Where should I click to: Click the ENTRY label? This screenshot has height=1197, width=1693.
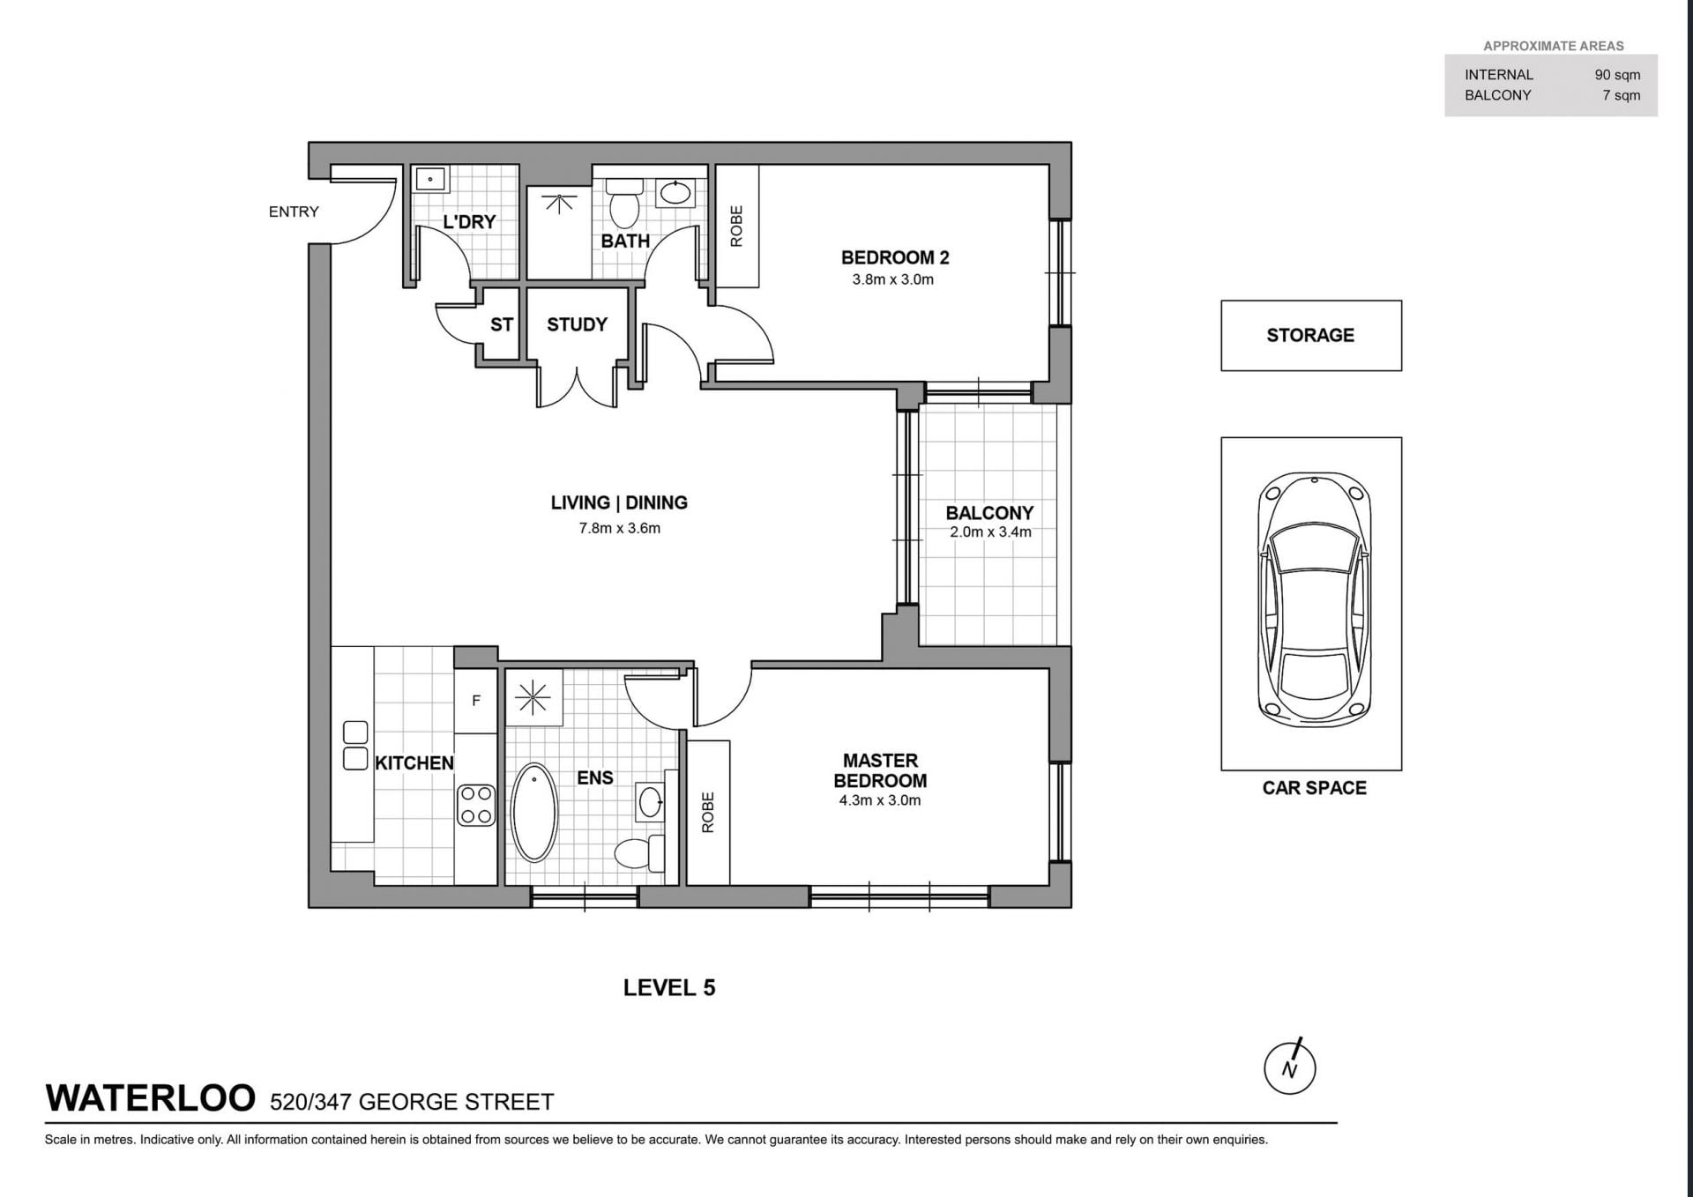[x=294, y=212]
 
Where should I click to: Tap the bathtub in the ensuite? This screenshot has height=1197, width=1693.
[x=534, y=812]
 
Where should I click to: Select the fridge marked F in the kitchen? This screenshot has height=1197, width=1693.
[x=476, y=701]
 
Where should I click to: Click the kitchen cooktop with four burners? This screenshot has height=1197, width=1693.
[x=476, y=805]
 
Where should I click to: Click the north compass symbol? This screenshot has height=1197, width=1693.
[x=1290, y=1067]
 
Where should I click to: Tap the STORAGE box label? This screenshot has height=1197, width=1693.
[x=1310, y=335]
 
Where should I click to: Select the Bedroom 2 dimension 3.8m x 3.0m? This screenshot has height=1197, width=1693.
[x=892, y=279]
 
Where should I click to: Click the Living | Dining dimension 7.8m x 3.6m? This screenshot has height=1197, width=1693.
[x=619, y=528]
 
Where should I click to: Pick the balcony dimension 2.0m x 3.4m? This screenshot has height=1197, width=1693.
[x=990, y=532]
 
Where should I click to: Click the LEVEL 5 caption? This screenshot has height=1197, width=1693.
[x=669, y=988]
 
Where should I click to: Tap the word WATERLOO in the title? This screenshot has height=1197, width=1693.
[x=150, y=1098]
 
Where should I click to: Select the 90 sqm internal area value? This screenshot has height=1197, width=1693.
[x=1617, y=75]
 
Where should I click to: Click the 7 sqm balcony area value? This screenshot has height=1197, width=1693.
[x=1622, y=95]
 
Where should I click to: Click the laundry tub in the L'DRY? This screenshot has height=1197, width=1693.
[x=430, y=180]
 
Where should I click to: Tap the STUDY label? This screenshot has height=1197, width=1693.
[x=577, y=324]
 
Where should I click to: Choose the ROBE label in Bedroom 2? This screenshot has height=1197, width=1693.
[x=736, y=226]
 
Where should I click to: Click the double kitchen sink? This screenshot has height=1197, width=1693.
[x=354, y=745]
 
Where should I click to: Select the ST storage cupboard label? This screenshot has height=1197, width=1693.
[x=501, y=324]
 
